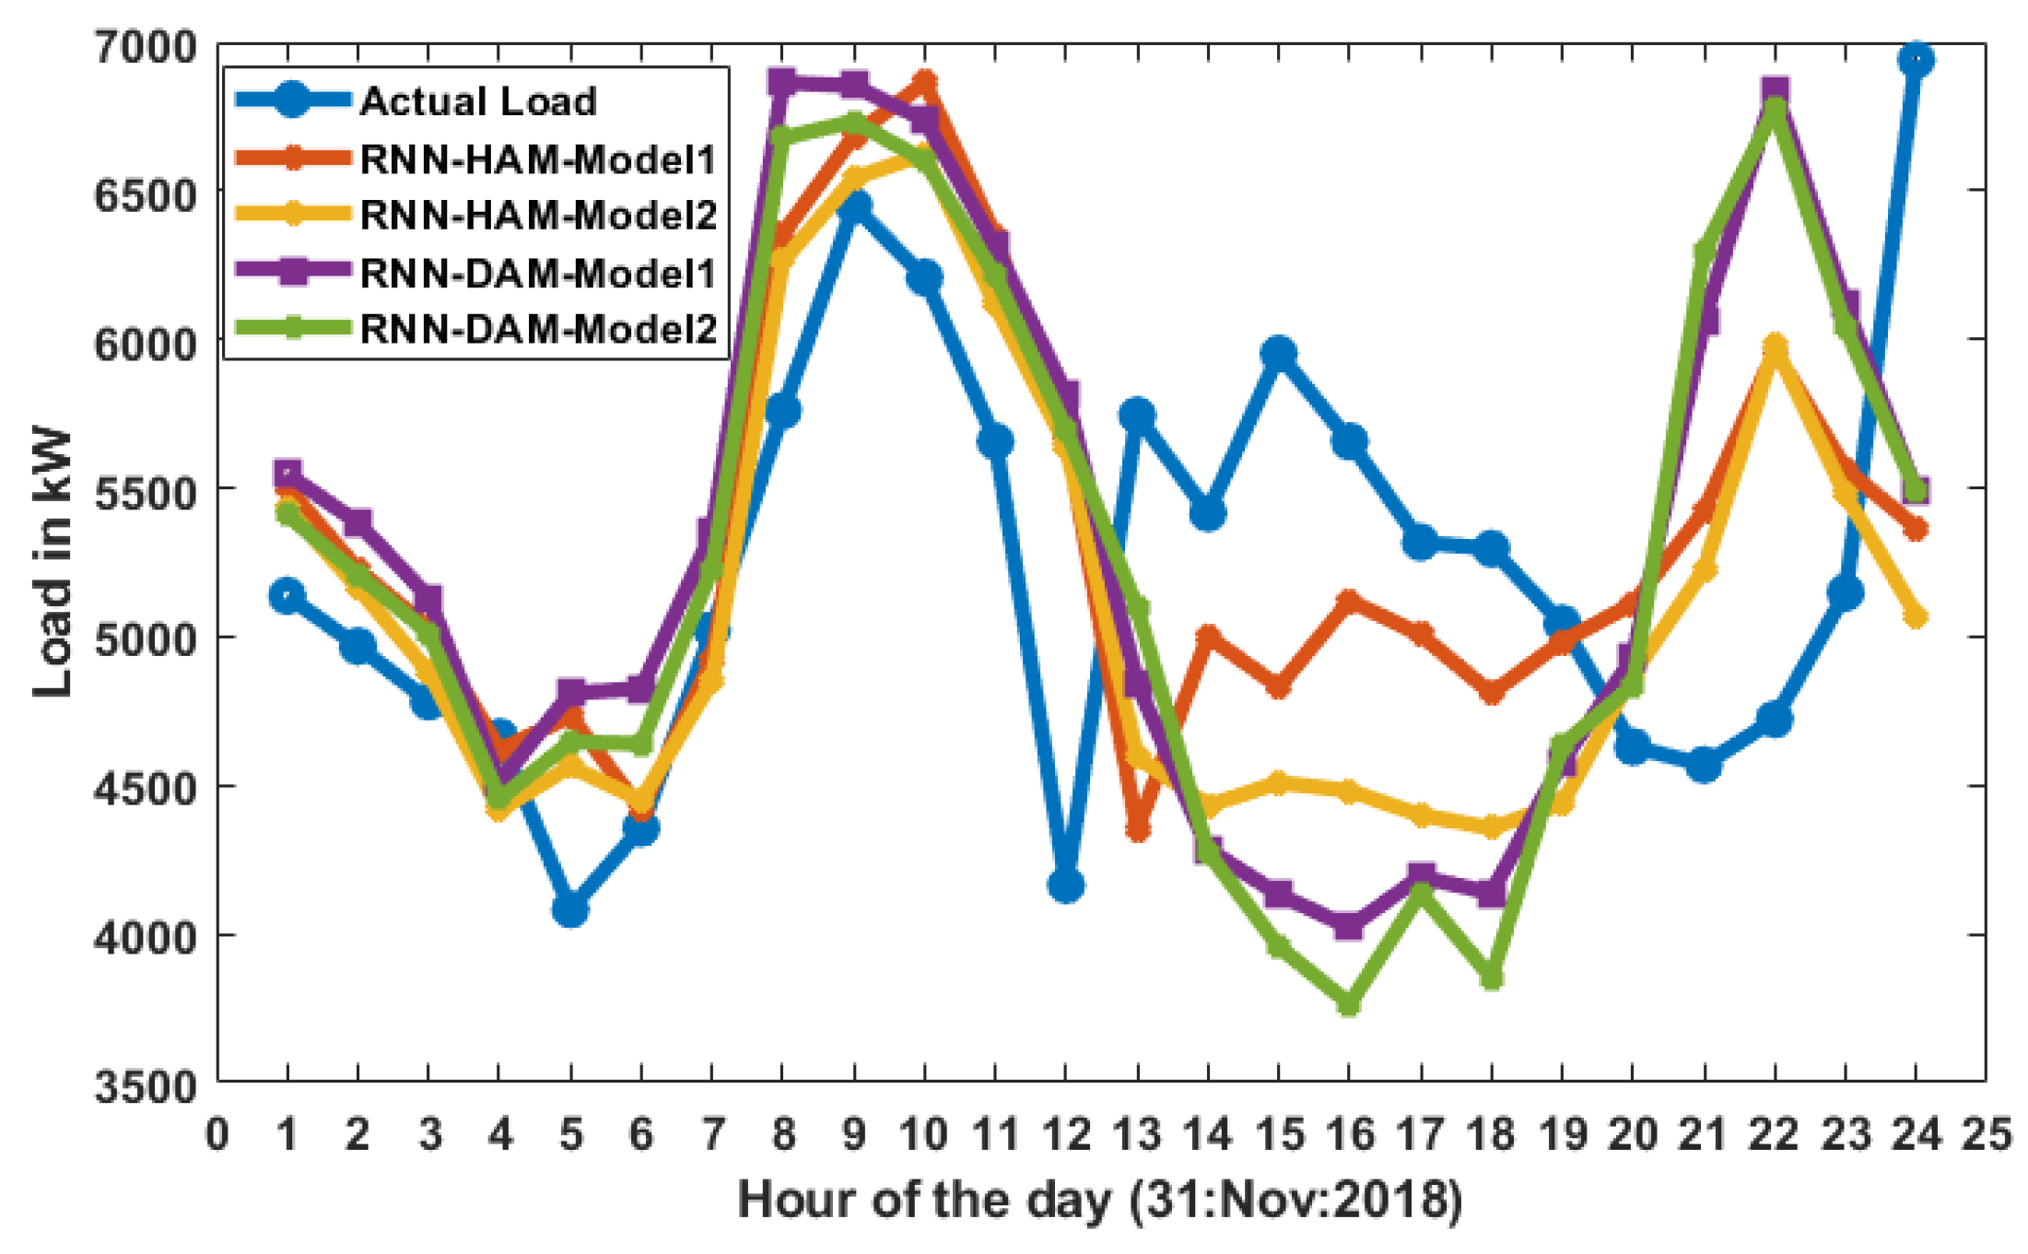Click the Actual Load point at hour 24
pyautogui.click(x=1916, y=61)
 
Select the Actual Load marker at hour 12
pyautogui.click(x=1065, y=885)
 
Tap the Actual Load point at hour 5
pyautogui.click(x=570, y=909)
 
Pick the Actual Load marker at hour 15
pyautogui.click(x=1278, y=353)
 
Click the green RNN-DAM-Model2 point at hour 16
pyautogui.click(x=1348, y=1003)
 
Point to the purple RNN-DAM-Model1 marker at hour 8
pyautogui.click(x=782, y=83)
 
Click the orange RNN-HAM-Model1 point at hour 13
pyautogui.click(x=1137, y=828)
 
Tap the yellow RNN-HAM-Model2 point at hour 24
pyautogui.click(x=1916, y=616)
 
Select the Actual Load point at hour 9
pyautogui.click(x=854, y=206)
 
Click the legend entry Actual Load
pyautogui.click(x=478, y=101)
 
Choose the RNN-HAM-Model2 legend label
pyautogui.click(x=538, y=216)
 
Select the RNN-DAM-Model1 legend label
pyautogui.click(x=538, y=273)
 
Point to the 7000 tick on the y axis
pyautogui.click(x=146, y=46)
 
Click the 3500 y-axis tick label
pyautogui.click(x=146, y=1085)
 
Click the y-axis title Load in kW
pyautogui.click(x=53, y=562)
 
